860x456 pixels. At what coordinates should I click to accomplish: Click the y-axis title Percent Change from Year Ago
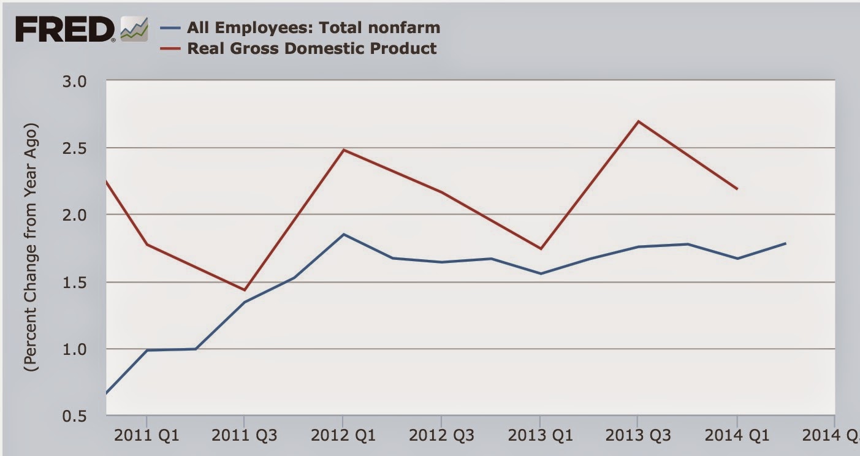(x=31, y=248)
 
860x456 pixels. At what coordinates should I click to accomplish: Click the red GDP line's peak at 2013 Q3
(x=637, y=121)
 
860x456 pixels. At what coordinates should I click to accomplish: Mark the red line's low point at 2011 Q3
(x=245, y=290)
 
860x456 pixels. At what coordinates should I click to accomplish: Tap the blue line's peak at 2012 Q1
(x=343, y=234)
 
